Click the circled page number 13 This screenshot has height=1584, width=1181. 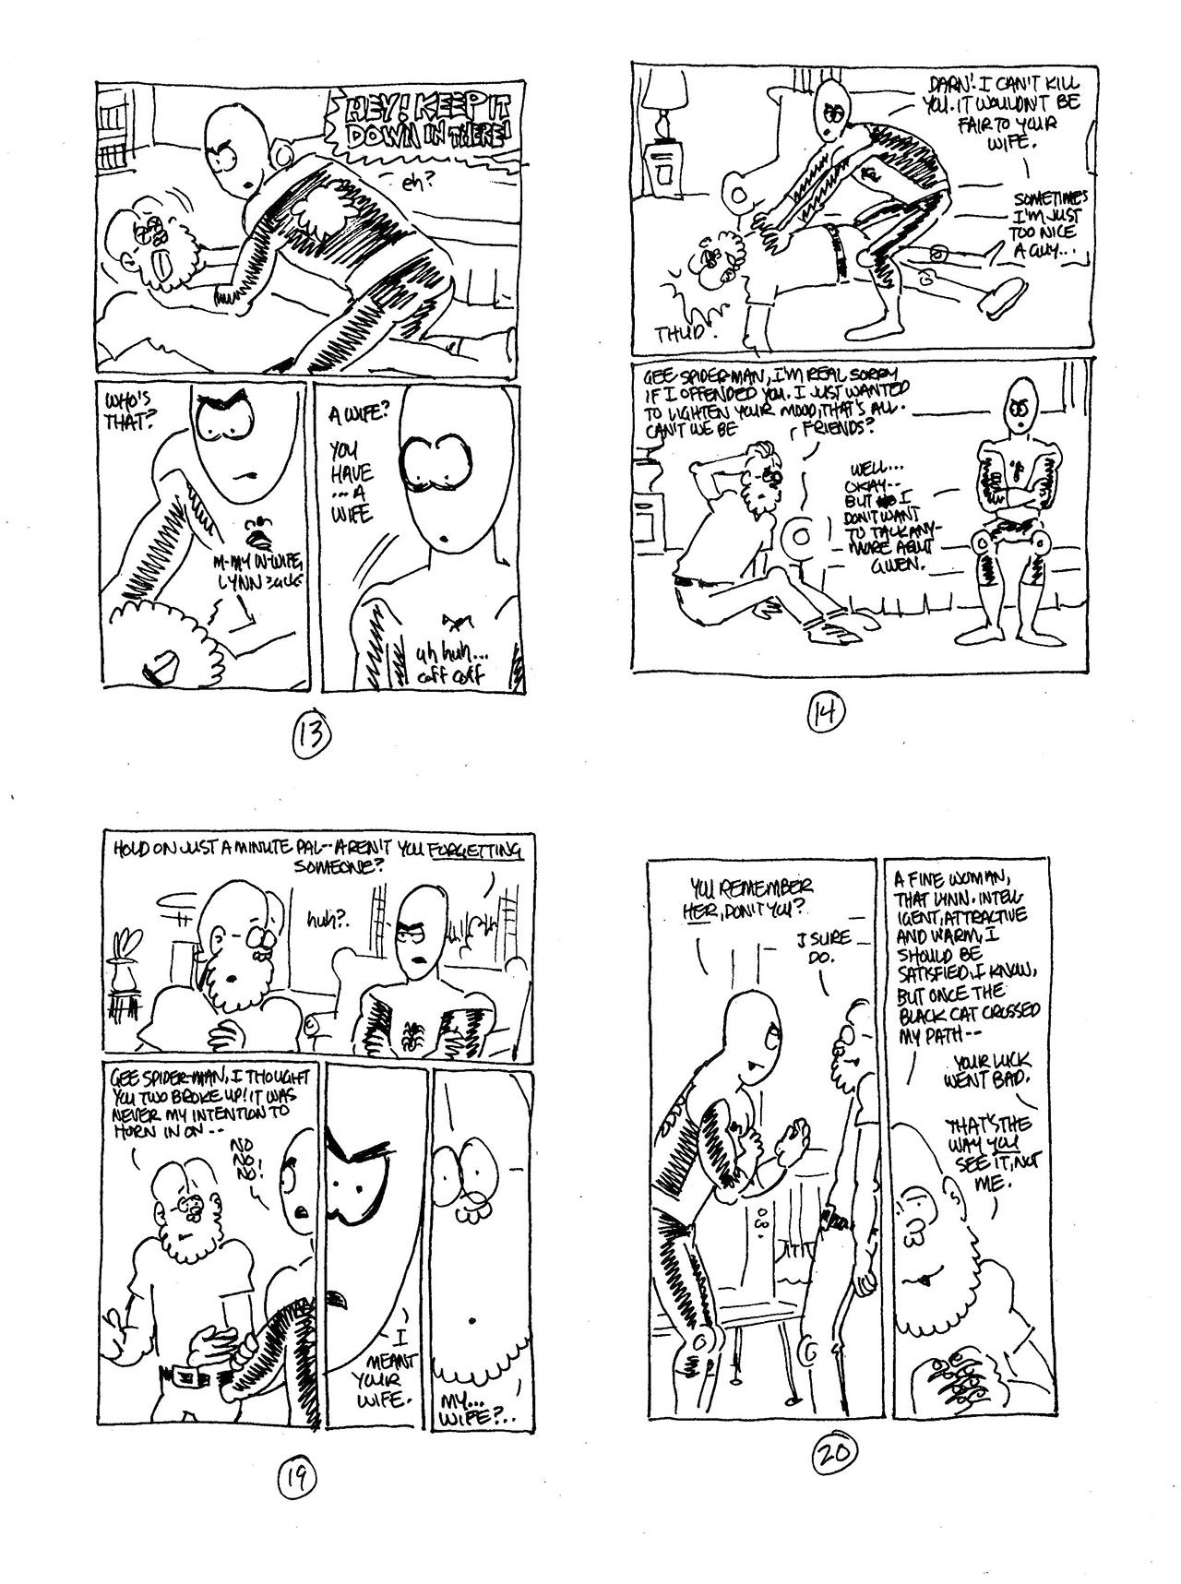point(308,735)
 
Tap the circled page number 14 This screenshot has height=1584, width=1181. point(821,711)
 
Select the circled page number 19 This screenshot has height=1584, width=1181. point(297,1481)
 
